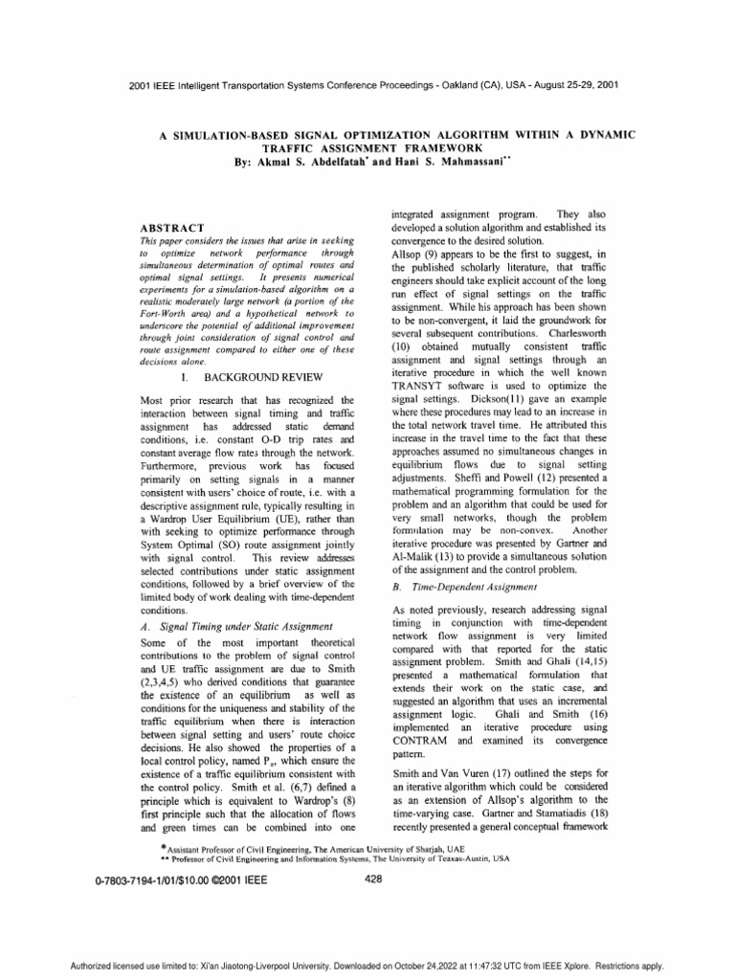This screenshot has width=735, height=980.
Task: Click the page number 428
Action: (374, 883)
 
